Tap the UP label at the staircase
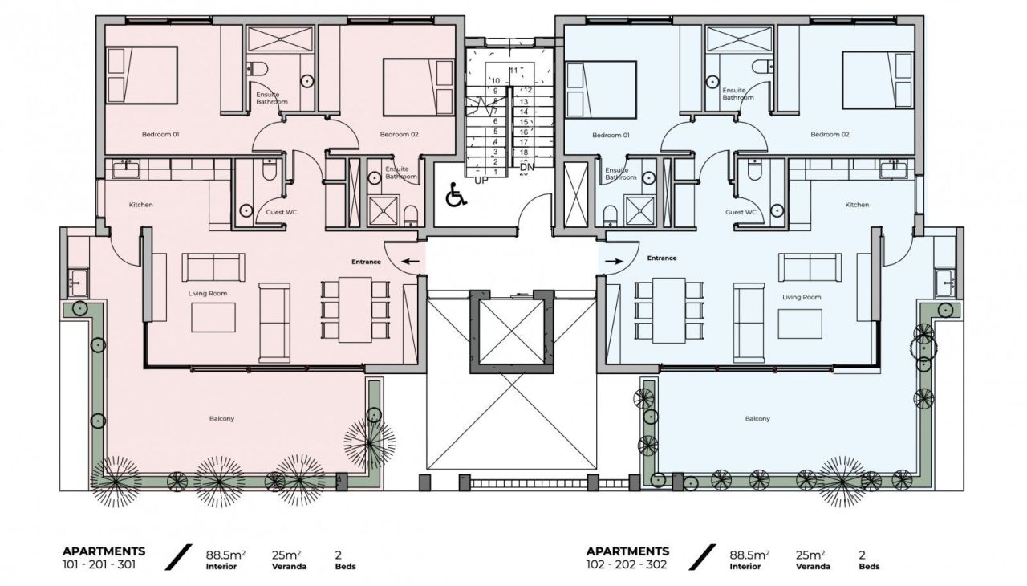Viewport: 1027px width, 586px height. [x=481, y=180]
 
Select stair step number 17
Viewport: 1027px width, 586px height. [x=523, y=141]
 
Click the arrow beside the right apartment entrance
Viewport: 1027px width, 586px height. [x=615, y=261]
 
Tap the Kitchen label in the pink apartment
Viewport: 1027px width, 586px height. [x=140, y=205]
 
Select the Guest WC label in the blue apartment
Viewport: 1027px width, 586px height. [x=741, y=213]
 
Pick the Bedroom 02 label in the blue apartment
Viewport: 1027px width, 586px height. [x=830, y=135]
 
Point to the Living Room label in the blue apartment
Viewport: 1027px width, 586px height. [x=802, y=297]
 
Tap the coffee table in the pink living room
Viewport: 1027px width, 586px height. [x=213, y=317]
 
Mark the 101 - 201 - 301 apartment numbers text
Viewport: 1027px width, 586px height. [x=99, y=564]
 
